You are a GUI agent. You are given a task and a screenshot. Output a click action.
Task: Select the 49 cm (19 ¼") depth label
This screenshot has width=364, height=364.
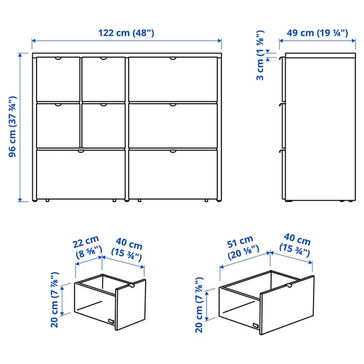(313, 33)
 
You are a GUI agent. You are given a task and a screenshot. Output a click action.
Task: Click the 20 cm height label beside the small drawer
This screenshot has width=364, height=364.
(55, 300)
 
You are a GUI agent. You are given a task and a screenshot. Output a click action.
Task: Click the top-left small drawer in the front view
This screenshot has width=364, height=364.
(58, 79)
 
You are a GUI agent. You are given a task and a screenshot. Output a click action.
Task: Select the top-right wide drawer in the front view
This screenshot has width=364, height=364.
(173, 79)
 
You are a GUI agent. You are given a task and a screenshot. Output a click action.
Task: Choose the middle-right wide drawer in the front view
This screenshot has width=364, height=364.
(173, 126)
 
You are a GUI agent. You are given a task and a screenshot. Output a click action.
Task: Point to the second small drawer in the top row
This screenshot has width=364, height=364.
(103, 79)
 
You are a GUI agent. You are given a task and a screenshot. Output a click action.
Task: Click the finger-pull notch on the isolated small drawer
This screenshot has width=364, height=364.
(132, 284)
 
